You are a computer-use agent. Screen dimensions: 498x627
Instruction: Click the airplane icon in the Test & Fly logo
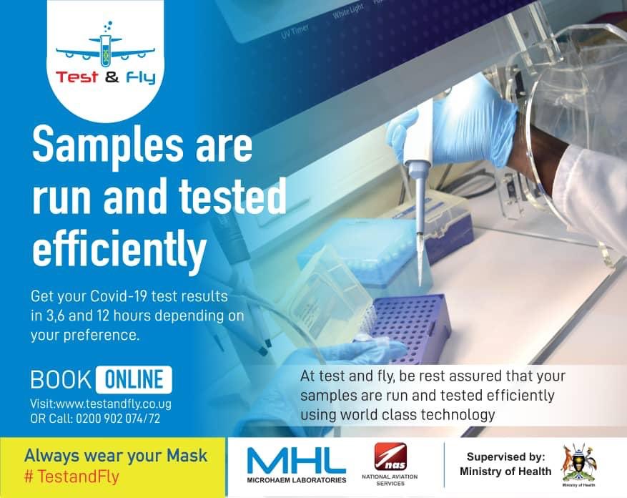pyautogui.click(x=105, y=49)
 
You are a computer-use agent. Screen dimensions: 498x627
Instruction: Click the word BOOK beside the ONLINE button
pyautogui.click(x=60, y=379)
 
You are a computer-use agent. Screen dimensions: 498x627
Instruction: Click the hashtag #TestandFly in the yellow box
pyautogui.click(x=71, y=475)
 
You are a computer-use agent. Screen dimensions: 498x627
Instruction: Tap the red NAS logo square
pyautogui.click(x=390, y=456)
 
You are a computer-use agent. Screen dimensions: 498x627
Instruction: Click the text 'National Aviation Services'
pyautogui.click(x=390, y=480)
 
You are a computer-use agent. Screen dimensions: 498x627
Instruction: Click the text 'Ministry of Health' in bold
pyautogui.click(x=505, y=472)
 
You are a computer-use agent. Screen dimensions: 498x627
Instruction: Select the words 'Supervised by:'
pyautogui.click(x=505, y=456)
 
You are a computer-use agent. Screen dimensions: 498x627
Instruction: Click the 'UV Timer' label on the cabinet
pyautogui.click(x=297, y=33)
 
